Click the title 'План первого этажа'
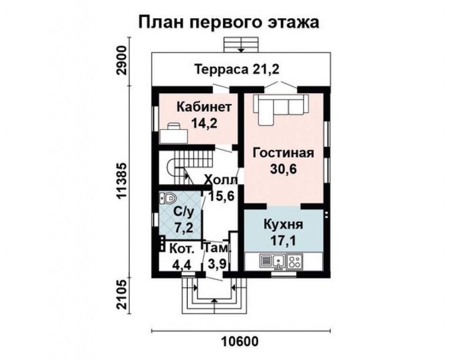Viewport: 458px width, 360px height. pyautogui.click(x=229, y=22)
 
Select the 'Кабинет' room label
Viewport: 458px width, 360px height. pyautogui.click(x=204, y=107)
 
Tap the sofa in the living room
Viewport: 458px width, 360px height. pyautogui.click(x=280, y=108)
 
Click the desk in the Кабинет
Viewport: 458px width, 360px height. pyautogui.click(x=174, y=134)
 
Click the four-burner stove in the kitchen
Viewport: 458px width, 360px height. pyautogui.click(x=295, y=261)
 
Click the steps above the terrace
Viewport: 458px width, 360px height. pyautogui.click(x=241, y=45)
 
